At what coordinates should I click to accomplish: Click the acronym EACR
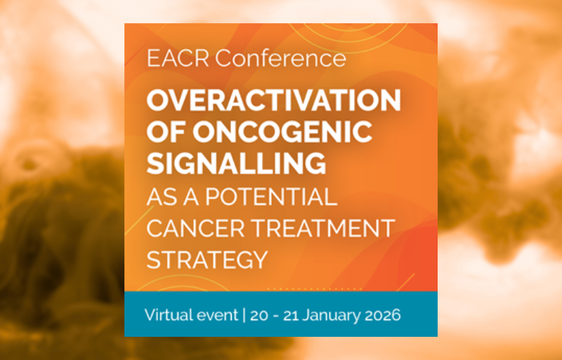point(178,58)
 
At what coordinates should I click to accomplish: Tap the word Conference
point(280,58)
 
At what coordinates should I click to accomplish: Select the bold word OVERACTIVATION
point(273,101)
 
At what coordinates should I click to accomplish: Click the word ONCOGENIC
point(282,131)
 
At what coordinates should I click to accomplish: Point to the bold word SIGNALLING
point(236,163)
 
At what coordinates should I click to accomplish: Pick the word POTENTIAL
point(271,196)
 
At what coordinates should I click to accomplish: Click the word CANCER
point(196,228)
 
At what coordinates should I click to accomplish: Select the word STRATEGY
point(207,259)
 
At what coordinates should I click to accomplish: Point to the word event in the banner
point(215,316)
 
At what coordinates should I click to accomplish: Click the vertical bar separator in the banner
point(244,315)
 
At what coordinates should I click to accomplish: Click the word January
point(332,316)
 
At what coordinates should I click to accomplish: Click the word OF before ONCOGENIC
point(166,131)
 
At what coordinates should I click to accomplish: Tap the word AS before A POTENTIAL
point(162,196)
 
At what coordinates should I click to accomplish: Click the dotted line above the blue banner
point(315,289)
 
